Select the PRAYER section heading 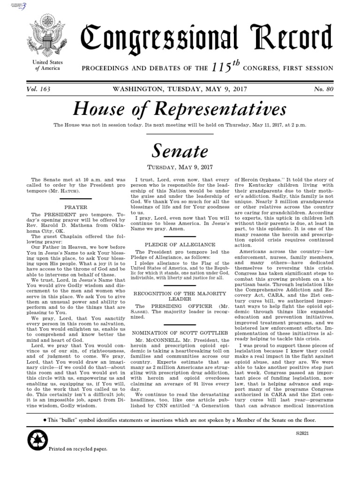(75, 206)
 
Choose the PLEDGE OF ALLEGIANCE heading (173, 244)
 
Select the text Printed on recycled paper (78, 449)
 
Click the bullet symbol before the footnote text (45, 406)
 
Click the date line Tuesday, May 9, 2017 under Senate (180, 167)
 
